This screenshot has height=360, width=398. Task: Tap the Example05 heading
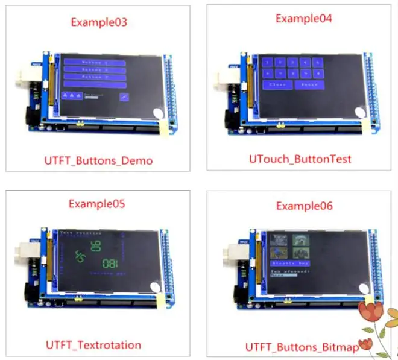click(x=97, y=204)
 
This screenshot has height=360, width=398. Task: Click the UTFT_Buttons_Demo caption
click(x=98, y=161)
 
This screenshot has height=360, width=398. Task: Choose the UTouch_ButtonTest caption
click(x=300, y=159)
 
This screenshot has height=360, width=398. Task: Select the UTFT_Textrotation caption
click(x=93, y=345)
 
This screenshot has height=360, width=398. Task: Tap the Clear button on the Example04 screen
click(x=278, y=85)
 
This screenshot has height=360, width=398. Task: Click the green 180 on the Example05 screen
click(x=110, y=263)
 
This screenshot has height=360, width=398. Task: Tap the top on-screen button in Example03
click(x=95, y=63)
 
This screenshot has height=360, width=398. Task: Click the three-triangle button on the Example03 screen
click(x=72, y=96)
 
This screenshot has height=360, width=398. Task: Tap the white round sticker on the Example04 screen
click(x=361, y=112)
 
